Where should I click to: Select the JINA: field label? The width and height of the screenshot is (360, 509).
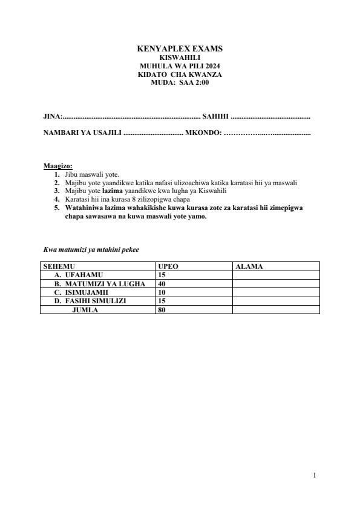tap(53, 115)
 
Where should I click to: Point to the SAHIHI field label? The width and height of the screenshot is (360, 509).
tap(215, 115)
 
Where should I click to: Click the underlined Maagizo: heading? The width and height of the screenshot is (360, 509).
tap(58, 166)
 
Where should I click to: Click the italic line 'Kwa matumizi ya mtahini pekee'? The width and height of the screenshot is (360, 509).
tap(91, 249)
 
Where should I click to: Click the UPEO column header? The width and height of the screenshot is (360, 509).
tap(168, 266)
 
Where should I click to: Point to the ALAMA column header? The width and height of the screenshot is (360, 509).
tap(249, 266)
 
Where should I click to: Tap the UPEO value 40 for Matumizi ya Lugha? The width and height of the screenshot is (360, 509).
tap(162, 284)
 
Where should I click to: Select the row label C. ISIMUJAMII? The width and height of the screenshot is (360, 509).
tap(85, 292)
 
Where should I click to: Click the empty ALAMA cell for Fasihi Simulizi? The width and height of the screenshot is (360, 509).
tap(275, 301)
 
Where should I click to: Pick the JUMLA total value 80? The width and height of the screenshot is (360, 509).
tap(162, 310)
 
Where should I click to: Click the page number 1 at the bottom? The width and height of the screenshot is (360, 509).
tap(315, 476)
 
